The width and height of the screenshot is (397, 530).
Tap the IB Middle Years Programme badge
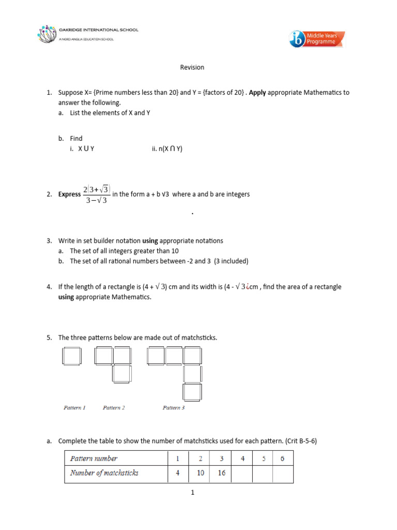click(x=317, y=39)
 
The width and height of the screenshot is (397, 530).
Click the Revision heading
click(x=192, y=67)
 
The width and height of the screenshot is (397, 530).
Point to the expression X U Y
click(x=86, y=149)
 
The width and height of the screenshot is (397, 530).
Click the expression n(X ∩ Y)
click(x=167, y=149)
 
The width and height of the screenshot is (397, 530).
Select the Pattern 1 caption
click(x=74, y=408)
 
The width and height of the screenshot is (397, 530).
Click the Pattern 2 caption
click(x=114, y=408)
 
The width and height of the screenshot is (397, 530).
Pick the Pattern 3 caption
click(x=174, y=408)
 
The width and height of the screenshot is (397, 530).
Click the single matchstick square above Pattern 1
click(x=71, y=356)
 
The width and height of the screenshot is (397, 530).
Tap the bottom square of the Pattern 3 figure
click(x=192, y=391)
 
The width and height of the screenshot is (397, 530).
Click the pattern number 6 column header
click(x=282, y=458)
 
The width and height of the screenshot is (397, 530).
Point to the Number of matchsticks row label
click(x=104, y=473)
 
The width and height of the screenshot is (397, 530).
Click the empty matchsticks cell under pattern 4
click(x=241, y=473)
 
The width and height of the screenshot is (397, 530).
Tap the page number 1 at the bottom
click(x=192, y=493)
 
